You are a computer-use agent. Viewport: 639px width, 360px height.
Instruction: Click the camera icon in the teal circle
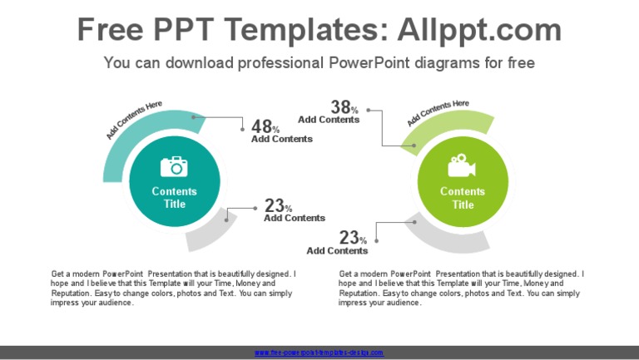(x=175, y=166)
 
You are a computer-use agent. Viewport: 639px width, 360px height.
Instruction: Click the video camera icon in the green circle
(x=462, y=166)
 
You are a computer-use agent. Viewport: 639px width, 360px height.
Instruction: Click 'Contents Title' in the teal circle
(x=175, y=198)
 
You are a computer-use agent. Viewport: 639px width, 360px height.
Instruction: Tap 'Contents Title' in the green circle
(x=463, y=198)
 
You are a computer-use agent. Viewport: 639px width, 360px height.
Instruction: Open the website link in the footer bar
(x=319, y=353)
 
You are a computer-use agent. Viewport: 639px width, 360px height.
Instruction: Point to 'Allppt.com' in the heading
(x=480, y=30)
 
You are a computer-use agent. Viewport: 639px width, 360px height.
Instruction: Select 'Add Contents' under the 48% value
(x=282, y=139)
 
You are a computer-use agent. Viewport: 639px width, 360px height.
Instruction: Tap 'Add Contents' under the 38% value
(x=329, y=120)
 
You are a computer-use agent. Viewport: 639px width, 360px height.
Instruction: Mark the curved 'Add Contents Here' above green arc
(x=438, y=111)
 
